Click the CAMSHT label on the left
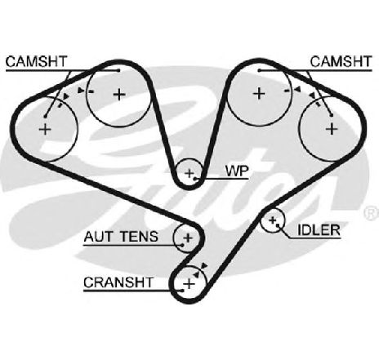pos(36,61)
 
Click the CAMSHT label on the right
pos(341,61)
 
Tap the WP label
pos(237,171)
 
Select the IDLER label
pos(319,230)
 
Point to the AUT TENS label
pos(121,237)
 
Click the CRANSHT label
pos(118,282)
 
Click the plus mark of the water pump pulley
pos(189,173)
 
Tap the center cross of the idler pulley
pos(272,220)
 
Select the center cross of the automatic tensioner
pos(188,238)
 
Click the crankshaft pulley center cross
pos(189,284)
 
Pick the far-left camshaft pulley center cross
pos(45,129)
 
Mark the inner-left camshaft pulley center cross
pos(119,95)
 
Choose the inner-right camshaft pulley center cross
pos(259,94)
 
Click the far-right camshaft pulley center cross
pos(332,128)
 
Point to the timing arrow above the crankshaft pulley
pos(203,265)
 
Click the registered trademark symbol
pos(372,213)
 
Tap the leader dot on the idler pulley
pos(277,225)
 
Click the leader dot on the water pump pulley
pos(195,179)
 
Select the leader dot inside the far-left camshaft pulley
pos(46,116)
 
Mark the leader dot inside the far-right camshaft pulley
pos(332,115)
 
